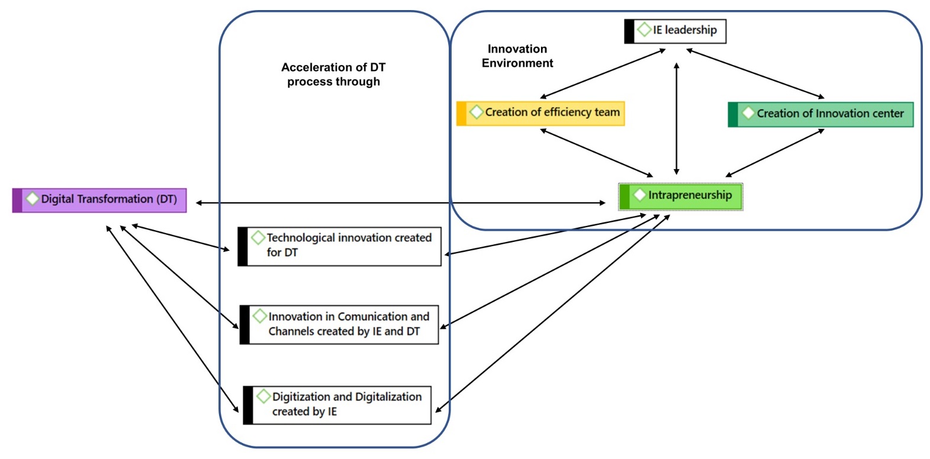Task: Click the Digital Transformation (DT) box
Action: pyautogui.click(x=99, y=200)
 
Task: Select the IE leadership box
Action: pyautogui.click(x=675, y=31)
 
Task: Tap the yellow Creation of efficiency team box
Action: pyautogui.click(x=540, y=113)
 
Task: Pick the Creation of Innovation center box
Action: pyautogui.click(x=820, y=114)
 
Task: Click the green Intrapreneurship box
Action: pyautogui.click(x=681, y=196)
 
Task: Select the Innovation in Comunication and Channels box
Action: pyautogui.click(x=339, y=324)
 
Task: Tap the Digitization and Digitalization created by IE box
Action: pyautogui.click(x=337, y=405)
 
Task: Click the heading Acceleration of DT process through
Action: pyautogui.click(x=333, y=75)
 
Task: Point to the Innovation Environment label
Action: pyautogui.click(x=517, y=56)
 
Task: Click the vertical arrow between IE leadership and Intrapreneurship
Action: pyautogui.click(x=677, y=118)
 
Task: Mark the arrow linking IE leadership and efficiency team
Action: pyautogui.click(x=603, y=74)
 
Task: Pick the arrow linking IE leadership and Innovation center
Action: pyautogui.click(x=755, y=74)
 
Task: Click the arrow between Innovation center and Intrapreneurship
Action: pyautogui.click(x=775, y=153)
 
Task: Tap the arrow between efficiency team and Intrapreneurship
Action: pyautogui.click(x=596, y=153)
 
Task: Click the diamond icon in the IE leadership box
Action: pyautogui.click(x=644, y=29)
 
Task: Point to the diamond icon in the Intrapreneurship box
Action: pyautogui.click(x=639, y=195)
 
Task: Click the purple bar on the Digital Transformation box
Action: pyautogui.click(x=17, y=200)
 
